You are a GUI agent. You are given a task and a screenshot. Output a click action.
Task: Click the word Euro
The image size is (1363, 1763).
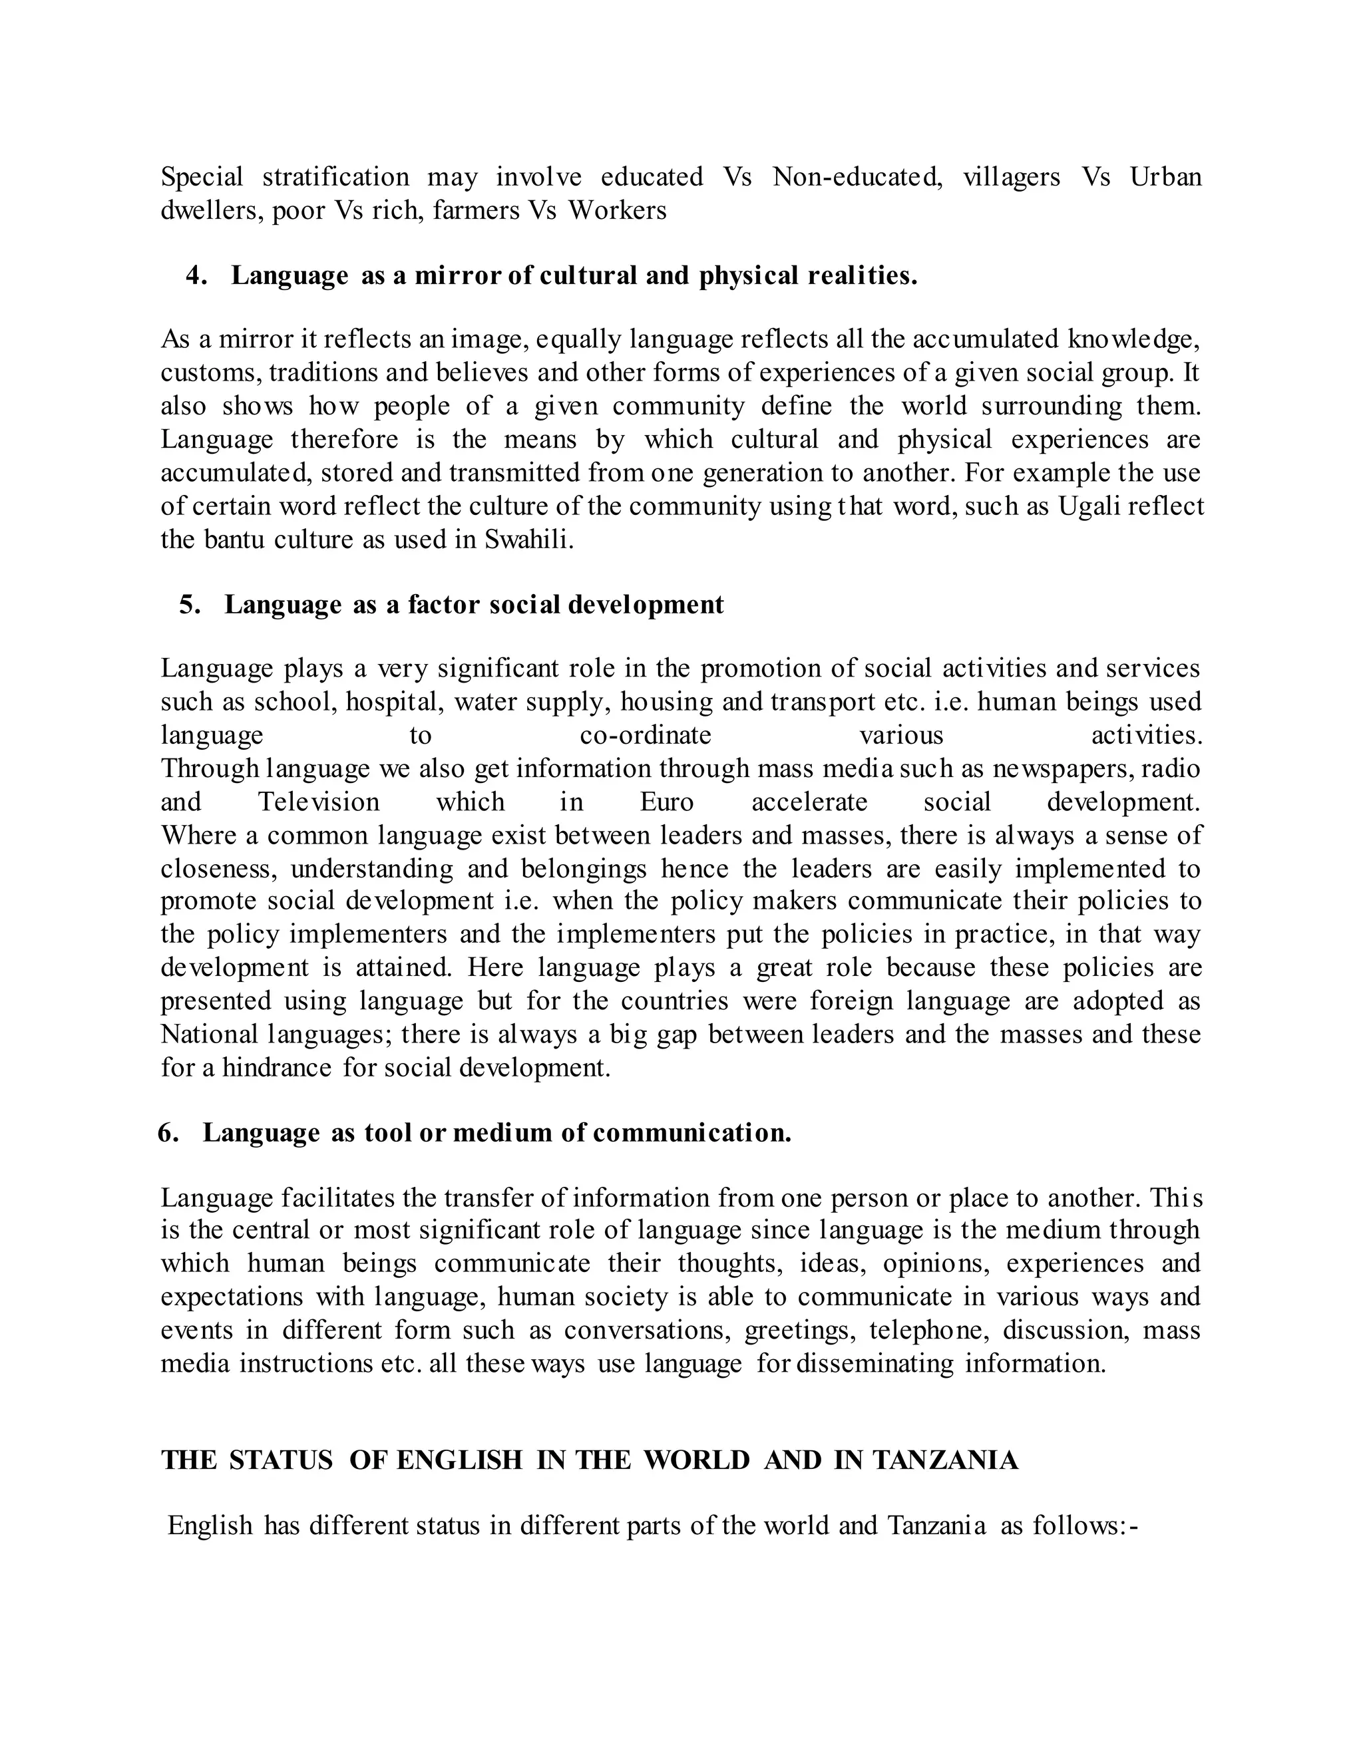point(666,802)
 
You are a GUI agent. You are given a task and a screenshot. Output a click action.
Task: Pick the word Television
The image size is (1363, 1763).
point(318,802)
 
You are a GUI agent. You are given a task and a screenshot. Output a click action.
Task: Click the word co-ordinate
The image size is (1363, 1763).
point(645,735)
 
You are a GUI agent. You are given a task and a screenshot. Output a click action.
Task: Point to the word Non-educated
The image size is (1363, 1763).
point(857,177)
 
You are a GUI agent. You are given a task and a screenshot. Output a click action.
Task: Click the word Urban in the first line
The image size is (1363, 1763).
point(1165,177)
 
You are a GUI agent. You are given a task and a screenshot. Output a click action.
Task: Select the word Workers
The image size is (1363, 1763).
point(617,211)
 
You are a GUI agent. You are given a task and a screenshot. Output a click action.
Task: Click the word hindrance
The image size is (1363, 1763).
point(276,1068)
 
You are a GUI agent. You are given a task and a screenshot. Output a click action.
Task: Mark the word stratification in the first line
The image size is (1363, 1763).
point(335,177)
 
